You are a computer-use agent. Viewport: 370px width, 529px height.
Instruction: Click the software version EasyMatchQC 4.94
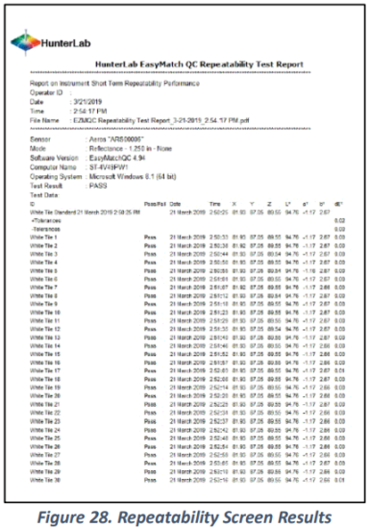114,155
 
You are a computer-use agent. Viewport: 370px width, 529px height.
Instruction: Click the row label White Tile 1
46,235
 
